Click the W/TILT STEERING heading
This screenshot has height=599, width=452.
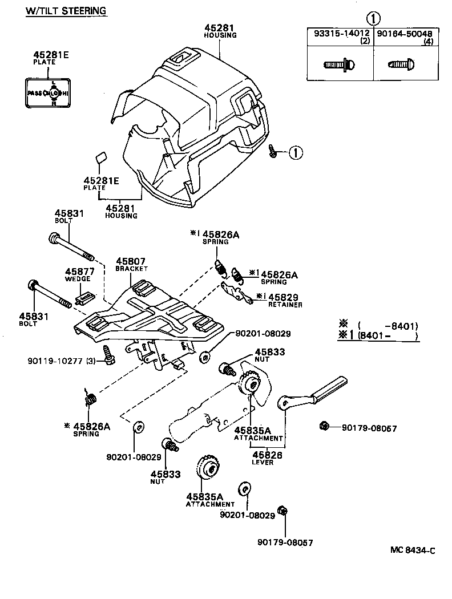pos(66,11)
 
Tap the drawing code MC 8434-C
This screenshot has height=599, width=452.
pos(413,550)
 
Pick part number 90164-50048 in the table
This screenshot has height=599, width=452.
pos(404,33)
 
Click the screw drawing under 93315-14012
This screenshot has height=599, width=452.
pos(341,65)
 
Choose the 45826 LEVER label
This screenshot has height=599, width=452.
pos(263,458)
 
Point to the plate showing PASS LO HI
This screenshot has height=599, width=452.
pos(48,92)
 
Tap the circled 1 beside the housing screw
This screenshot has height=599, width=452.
pos(295,152)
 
